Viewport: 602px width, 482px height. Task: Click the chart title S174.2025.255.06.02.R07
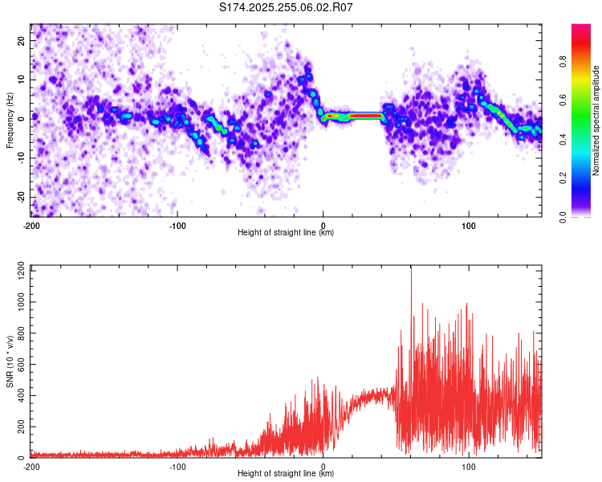287,7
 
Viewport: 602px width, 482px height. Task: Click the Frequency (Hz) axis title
10,120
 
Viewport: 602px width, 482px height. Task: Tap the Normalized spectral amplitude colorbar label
596,120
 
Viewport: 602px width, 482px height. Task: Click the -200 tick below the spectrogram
31,225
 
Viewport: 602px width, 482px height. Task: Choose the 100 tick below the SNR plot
468,466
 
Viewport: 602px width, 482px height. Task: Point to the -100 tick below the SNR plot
177,466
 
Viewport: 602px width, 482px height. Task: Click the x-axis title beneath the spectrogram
286,233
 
